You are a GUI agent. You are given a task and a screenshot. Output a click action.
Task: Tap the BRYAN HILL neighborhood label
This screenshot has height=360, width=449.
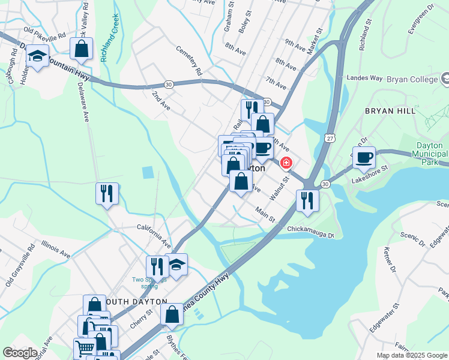(x=391, y=112)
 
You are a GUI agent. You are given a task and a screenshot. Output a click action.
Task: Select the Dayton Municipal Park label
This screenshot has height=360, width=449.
(x=429, y=154)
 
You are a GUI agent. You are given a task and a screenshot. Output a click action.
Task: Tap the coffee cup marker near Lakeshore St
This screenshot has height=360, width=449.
(x=364, y=158)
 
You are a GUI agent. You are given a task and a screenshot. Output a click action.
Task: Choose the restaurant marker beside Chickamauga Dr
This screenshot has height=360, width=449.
(x=307, y=201)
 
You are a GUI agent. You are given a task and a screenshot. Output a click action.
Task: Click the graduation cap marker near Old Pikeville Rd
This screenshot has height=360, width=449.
(x=38, y=57)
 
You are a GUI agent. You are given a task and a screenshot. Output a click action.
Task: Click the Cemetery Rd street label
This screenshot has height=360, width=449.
(x=188, y=62)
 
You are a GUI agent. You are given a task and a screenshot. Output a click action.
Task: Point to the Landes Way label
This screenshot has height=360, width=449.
(x=365, y=78)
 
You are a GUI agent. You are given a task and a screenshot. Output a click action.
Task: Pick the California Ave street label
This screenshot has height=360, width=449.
(x=154, y=236)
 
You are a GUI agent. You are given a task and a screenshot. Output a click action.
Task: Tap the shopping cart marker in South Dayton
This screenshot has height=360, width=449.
(x=85, y=347)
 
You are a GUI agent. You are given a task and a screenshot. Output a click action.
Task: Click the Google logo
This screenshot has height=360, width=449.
(x=20, y=353)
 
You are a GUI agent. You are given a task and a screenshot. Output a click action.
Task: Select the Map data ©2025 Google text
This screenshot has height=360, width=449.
(x=411, y=355)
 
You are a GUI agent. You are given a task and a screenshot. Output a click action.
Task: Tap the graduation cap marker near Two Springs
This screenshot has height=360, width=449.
(x=176, y=265)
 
